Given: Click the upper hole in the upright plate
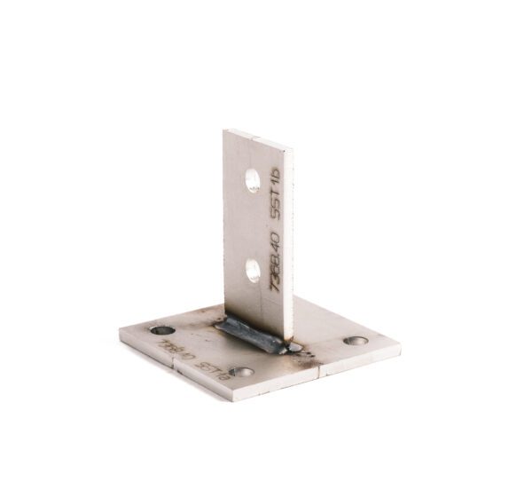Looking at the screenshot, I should (253, 181).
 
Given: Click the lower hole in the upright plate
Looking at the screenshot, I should (253, 270).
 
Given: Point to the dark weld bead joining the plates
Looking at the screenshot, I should (251, 334).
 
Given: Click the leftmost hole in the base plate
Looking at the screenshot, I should (162, 330).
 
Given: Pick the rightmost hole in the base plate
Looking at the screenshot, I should (356, 340).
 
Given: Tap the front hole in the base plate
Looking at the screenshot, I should (240, 372).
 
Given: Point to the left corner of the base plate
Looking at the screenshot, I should (120, 334).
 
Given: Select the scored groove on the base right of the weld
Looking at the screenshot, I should (322, 371).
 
